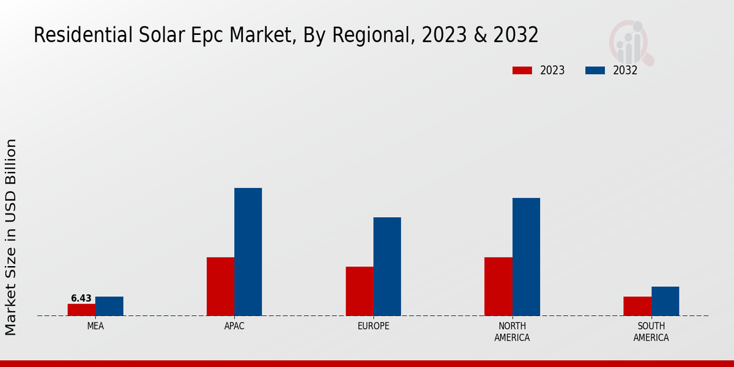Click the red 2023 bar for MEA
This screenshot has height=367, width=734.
pos(81,310)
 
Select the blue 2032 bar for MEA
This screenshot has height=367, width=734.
pos(109,306)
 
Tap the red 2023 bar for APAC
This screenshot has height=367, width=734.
pos(220,286)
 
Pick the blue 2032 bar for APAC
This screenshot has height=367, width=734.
pos(248,251)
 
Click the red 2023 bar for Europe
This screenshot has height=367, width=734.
pos(359,291)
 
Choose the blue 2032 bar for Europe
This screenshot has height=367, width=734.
pos(387,266)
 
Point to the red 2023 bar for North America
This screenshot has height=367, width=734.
pos(498,286)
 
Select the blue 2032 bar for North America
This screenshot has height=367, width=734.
pos(526,256)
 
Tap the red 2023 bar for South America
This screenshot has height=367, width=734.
pos(637,306)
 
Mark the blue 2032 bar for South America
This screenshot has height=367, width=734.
pos(665,301)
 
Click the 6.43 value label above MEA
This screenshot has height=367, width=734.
pos(81,298)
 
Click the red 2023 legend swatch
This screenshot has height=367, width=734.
pos(522,70)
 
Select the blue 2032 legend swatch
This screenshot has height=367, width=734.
pos(595,70)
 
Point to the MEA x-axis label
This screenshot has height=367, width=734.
pos(95,326)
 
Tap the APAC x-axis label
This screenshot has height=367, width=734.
pos(234,326)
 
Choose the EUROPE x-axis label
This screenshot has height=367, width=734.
pos(373,326)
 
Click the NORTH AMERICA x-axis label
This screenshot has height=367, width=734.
pos(512,332)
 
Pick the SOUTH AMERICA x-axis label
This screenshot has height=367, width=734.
pos(651,332)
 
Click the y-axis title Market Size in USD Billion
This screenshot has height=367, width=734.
pos(12,237)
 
